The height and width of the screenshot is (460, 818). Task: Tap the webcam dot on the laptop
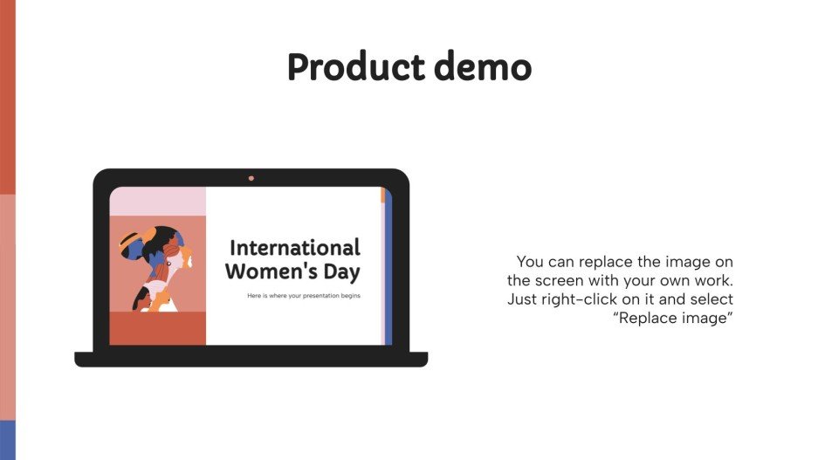click(x=251, y=178)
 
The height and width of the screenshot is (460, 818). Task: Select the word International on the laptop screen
click(x=294, y=247)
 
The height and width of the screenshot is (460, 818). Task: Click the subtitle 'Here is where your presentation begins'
click(x=304, y=296)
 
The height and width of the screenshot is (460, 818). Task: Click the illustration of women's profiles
click(x=155, y=267)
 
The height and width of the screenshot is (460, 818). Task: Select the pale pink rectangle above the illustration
click(x=157, y=202)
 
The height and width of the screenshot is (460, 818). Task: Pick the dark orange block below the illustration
click(x=157, y=329)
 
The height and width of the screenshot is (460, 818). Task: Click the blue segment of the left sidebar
click(x=7, y=439)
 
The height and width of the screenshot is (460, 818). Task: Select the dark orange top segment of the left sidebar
click(x=7, y=96)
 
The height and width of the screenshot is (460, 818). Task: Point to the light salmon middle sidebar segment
click(x=7, y=306)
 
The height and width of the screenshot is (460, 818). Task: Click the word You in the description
click(x=531, y=262)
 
